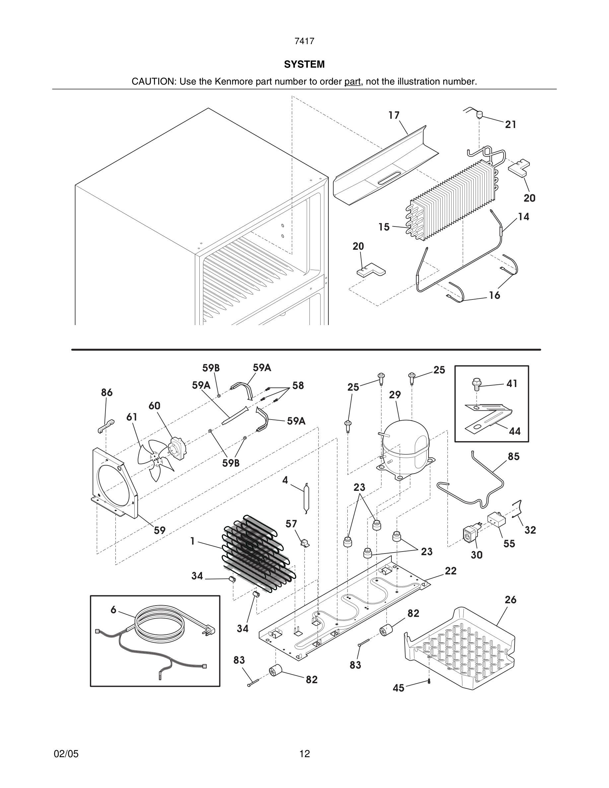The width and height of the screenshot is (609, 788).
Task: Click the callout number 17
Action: [394, 115]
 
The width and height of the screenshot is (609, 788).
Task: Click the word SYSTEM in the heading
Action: [304, 65]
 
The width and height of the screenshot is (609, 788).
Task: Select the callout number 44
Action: [514, 431]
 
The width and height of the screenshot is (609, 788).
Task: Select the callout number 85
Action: [513, 457]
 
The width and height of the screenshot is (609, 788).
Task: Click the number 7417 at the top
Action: [304, 41]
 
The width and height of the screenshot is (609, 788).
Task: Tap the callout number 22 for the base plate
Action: [451, 571]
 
